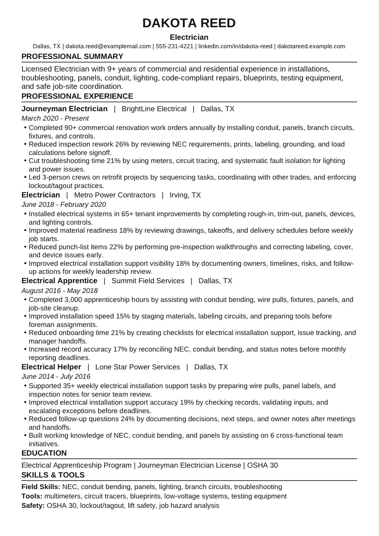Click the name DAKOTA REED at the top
[x=189, y=23]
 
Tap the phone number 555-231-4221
[x=175, y=46]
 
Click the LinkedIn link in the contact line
[x=235, y=46]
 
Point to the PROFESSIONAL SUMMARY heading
[x=72, y=57]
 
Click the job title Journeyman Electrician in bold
[x=64, y=109]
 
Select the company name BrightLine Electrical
[x=154, y=109]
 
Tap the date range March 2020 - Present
[x=55, y=118]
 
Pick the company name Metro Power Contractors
[x=115, y=195]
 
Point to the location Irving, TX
[x=185, y=195]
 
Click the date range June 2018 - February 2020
[x=63, y=205]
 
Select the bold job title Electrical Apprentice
[x=59, y=281]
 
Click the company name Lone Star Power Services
[x=138, y=367]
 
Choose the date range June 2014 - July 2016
[x=56, y=377]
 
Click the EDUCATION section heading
[x=44, y=453]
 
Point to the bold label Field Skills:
[x=41, y=487]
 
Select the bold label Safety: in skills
[x=33, y=506]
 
